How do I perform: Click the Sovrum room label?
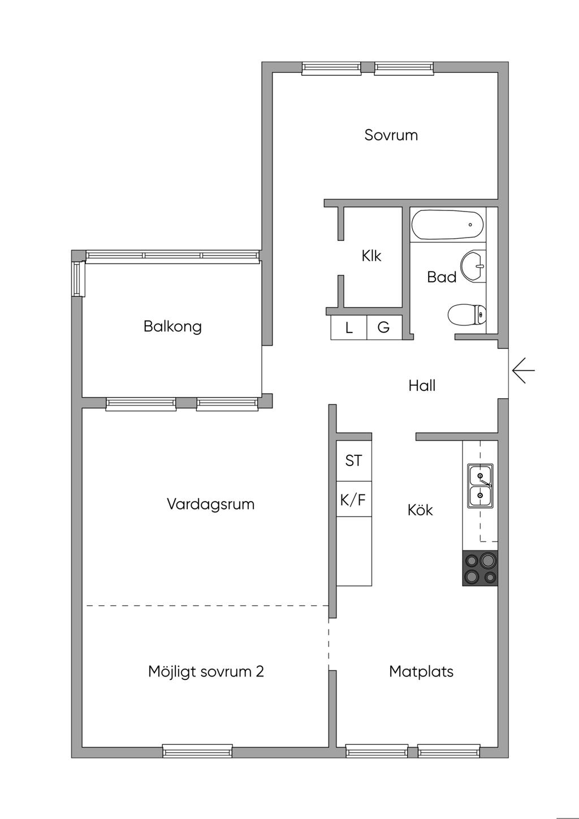tap(391, 135)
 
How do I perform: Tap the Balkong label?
tap(172, 326)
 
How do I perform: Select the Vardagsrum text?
tap(210, 504)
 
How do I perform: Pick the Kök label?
tap(420, 510)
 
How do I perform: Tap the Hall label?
tap(422, 385)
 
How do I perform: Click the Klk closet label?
tap(371, 256)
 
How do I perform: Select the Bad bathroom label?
tap(442, 277)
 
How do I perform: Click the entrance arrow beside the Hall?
tap(524, 370)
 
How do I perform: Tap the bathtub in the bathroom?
tap(448, 225)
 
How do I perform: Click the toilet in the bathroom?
tap(467, 314)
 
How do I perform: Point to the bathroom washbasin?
tap(473, 266)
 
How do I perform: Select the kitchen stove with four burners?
tap(480, 568)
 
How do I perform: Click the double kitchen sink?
tap(480, 486)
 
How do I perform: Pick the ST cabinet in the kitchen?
tap(354, 460)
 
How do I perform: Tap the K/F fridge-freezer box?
tap(354, 499)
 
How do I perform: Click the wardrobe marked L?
tap(349, 327)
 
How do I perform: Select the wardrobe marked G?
tap(384, 327)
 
